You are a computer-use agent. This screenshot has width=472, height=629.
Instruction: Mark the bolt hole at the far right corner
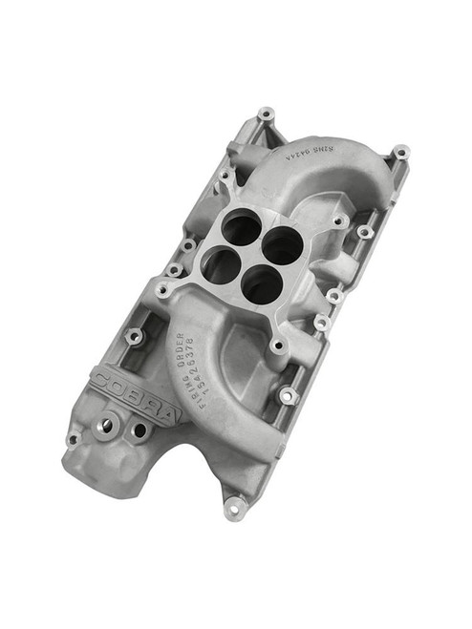402,151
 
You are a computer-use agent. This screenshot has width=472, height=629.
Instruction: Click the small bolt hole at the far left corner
73,440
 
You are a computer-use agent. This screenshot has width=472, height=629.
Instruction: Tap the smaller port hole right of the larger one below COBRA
140,430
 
